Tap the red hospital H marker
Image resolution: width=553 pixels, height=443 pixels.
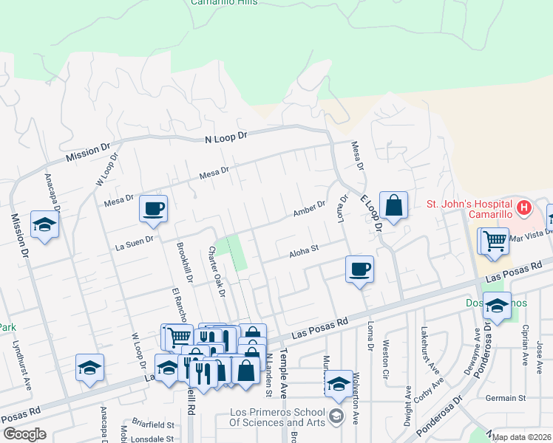[523, 207]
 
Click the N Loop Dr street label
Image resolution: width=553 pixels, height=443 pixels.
[225, 137]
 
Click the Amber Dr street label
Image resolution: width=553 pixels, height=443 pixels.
[308, 209]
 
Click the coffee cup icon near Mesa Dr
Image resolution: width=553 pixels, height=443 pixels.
[154, 209]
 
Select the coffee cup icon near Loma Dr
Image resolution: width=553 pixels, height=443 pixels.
[359, 269]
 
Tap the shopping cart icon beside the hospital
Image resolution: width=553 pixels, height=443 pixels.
[495, 240]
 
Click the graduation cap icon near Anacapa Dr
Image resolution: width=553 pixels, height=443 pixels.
[44, 224]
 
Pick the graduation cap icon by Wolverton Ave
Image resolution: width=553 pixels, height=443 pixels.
[339, 384]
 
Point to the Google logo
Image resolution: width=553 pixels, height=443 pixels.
[24, 433]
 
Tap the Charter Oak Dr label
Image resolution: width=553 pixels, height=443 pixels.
[217, 271]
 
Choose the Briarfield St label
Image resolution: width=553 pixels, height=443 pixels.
[153, 425]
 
